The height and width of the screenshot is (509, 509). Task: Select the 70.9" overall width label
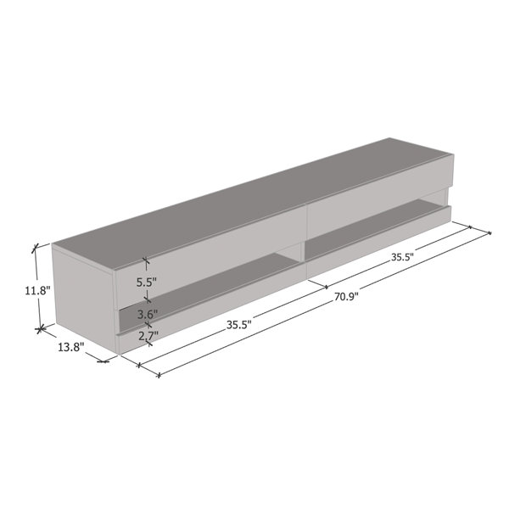(x=344, y=297)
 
